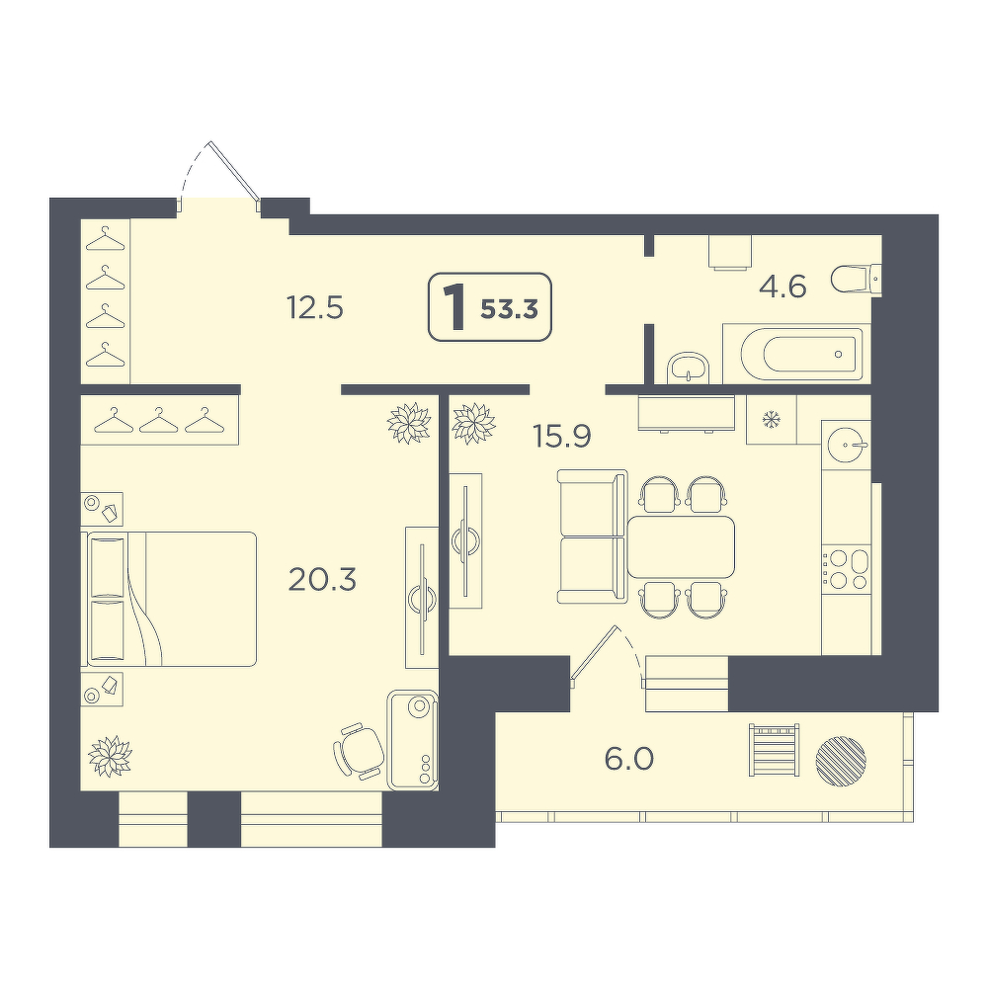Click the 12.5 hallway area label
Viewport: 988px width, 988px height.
coord(315,308)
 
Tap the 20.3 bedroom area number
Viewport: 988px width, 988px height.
coord(322,579)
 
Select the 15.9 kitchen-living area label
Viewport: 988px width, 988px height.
coord(562,435)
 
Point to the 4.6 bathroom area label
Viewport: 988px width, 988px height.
coord(782,288)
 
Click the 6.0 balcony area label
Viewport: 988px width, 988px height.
coord(628,759)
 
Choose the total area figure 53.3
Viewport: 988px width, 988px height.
coord(509,309)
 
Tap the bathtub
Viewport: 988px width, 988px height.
coord(797,354)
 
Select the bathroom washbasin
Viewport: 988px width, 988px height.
coord(688,368)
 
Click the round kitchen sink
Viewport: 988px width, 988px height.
coord(847,445)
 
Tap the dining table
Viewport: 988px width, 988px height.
coord(681,546)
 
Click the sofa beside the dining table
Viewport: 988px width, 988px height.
coord(592,536)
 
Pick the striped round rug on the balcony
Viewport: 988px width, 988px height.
coord(841,761)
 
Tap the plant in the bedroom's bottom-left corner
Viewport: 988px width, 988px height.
coord(111,756)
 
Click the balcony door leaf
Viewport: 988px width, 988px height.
coord(594,653)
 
